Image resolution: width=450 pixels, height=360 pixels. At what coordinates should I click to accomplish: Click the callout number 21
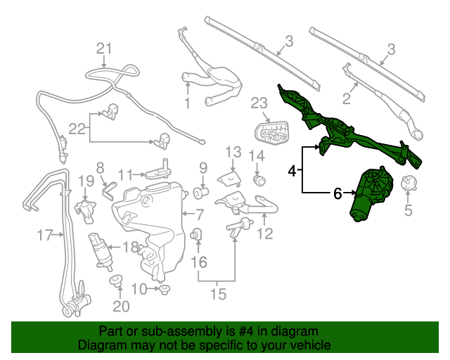104,48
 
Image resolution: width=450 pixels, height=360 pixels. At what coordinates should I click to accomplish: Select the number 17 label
44,235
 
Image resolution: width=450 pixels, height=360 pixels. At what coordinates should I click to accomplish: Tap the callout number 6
337,192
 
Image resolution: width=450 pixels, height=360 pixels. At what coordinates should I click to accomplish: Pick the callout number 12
264,234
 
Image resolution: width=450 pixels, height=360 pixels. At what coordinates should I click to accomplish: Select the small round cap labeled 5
407,184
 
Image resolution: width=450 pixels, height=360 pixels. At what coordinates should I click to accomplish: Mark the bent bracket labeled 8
108,191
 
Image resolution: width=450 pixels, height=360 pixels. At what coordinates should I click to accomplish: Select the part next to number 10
165,288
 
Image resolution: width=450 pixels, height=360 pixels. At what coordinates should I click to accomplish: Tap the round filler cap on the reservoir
146,200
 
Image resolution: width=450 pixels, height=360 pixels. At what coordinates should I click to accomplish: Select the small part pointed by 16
198,235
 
